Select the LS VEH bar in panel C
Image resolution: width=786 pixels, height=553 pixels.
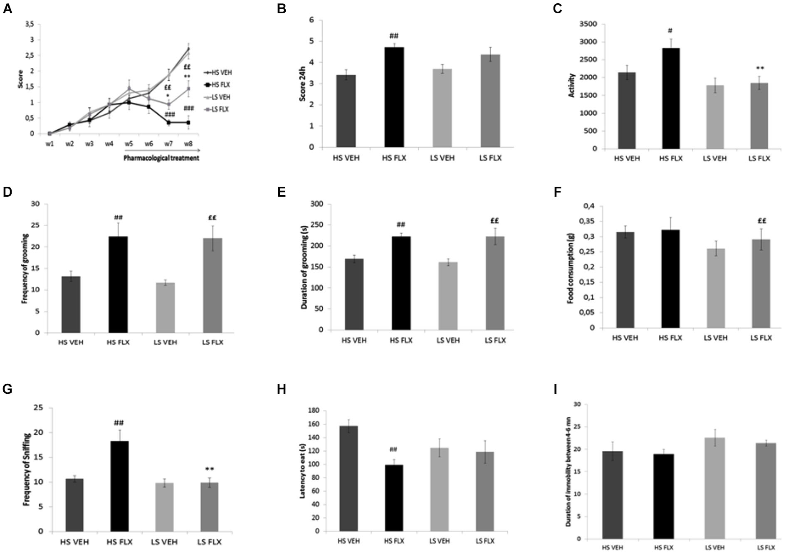(714, 117)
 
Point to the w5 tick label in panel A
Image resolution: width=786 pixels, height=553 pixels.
(129, 144)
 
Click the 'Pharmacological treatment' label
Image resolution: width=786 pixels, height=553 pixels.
(161, 158)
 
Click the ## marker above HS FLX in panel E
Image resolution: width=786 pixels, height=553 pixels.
(400, 225)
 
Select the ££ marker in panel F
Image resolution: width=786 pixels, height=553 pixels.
(761, 221)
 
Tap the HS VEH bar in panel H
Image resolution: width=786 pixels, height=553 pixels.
(349, 478)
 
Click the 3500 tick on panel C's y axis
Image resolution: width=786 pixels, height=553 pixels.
(588, 24)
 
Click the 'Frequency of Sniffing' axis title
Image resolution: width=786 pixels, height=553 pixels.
(27, 469)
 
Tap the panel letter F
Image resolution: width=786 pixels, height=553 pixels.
(557, 192)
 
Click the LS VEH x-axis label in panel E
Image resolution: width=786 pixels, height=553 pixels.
(448, 340)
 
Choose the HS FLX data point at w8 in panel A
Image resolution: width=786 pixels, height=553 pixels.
(188, 123)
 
